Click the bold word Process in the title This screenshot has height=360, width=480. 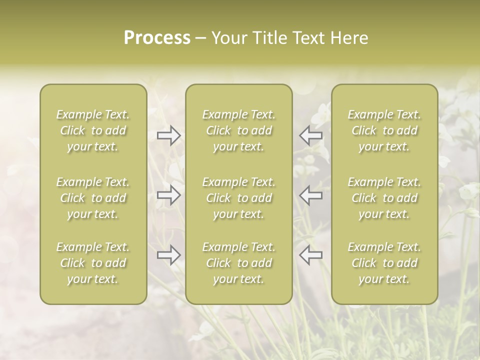coord(157,38)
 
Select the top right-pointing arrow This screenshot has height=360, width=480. coord(169,135)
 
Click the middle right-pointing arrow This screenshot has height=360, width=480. coord(169,195)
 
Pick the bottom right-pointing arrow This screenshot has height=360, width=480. coord(169,255)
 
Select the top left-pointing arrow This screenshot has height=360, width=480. coord(310,135)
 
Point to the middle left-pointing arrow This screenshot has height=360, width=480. coord(310,195)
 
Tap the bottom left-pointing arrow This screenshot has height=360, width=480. coord(310,255)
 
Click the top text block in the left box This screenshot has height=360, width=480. coord(93,130)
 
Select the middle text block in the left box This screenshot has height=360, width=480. coord(93,198)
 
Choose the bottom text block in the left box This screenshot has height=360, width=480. coord(93,263)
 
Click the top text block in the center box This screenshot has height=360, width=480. coord(238,130)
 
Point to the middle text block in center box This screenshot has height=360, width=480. coord(238,198)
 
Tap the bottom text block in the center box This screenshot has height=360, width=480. coord(238,263)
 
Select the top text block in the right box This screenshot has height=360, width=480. coord(384,130)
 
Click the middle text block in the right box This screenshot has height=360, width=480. coord(384,198)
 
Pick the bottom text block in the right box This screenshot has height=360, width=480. coord(384,263)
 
